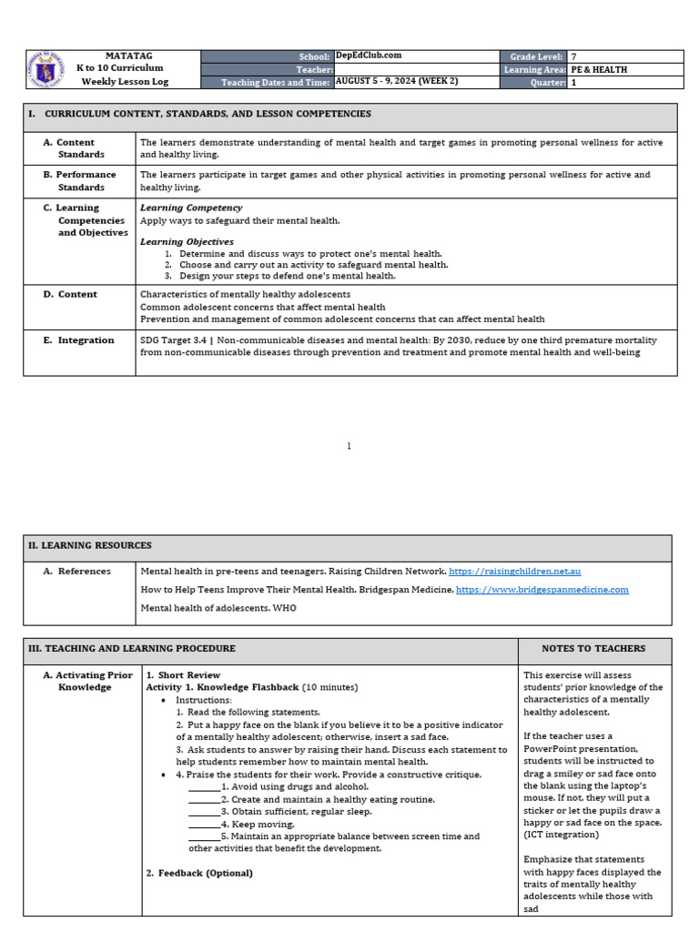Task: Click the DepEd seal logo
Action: pos(45,69)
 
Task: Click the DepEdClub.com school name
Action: pos(369,56)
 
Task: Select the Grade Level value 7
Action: pos(573,56)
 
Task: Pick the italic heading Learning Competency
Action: pos(191,208)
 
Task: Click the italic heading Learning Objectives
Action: pos(187,241)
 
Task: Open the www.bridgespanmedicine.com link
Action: pos(542,590)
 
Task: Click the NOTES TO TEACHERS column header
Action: pos(593,649)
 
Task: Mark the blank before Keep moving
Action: pos(204,824)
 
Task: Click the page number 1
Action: pos(349,446)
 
